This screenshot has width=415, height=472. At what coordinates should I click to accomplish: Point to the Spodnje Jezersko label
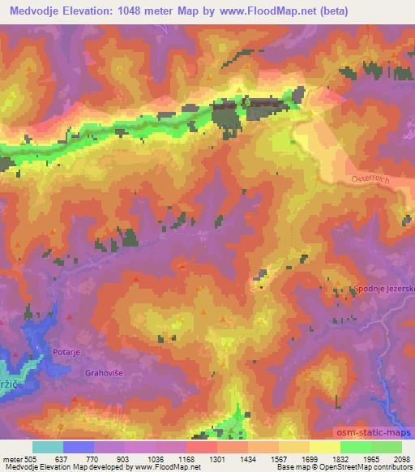pyautogui.click(x=383, y=289)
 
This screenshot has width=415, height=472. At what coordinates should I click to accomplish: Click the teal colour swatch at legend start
pyautogui.click(x=47, y=448)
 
